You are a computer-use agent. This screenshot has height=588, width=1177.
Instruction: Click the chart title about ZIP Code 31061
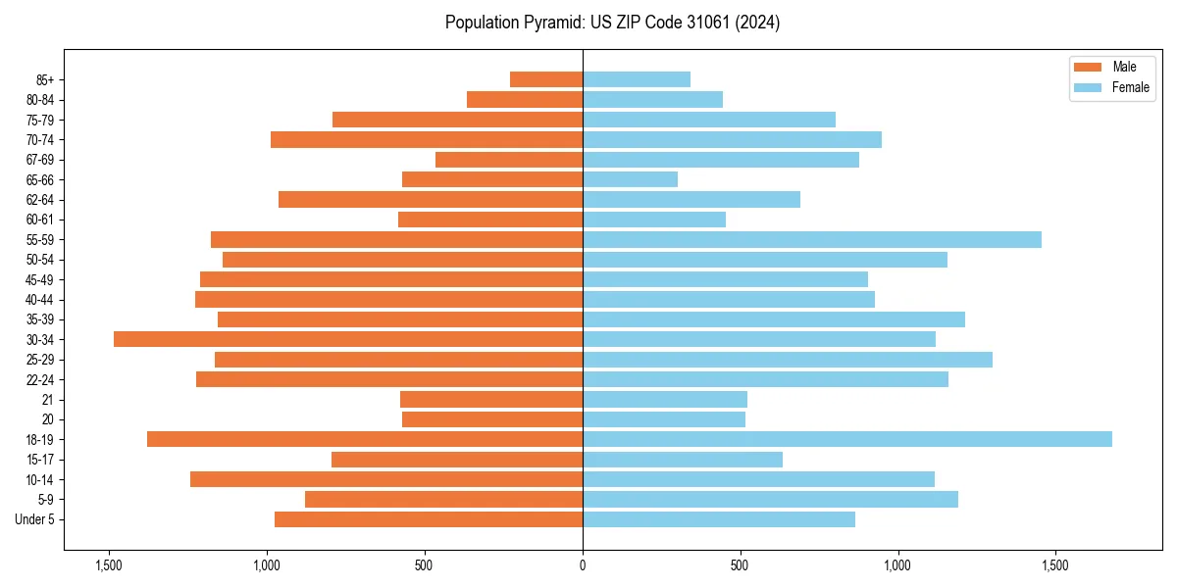(612, 23)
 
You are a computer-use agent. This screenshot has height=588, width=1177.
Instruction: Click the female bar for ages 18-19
(846, 439)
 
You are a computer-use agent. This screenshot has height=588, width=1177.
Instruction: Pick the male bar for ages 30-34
(348, 339)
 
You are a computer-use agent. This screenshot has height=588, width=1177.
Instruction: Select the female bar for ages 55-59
(811, 239)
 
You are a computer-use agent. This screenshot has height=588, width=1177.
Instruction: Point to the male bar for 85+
(546, 79)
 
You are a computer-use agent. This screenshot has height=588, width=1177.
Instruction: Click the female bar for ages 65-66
(630, 179)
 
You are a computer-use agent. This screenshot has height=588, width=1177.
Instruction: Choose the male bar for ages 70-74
(427, 139)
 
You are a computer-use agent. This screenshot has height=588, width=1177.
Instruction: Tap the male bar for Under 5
(429, 519)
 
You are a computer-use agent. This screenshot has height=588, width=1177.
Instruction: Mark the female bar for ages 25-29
(787, 360)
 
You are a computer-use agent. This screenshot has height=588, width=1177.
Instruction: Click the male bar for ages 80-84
(525, 99)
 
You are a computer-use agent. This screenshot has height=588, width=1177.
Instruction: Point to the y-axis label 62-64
(39, 200)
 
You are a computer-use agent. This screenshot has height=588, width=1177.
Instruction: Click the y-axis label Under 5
(35, 519)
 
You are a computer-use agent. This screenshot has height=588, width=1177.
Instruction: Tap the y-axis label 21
(47, 400)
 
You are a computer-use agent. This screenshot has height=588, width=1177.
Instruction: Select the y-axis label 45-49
(39, 279)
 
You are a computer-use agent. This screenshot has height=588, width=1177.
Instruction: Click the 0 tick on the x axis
(583, 565)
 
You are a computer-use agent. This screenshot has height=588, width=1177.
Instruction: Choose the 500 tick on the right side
(740, 565)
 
